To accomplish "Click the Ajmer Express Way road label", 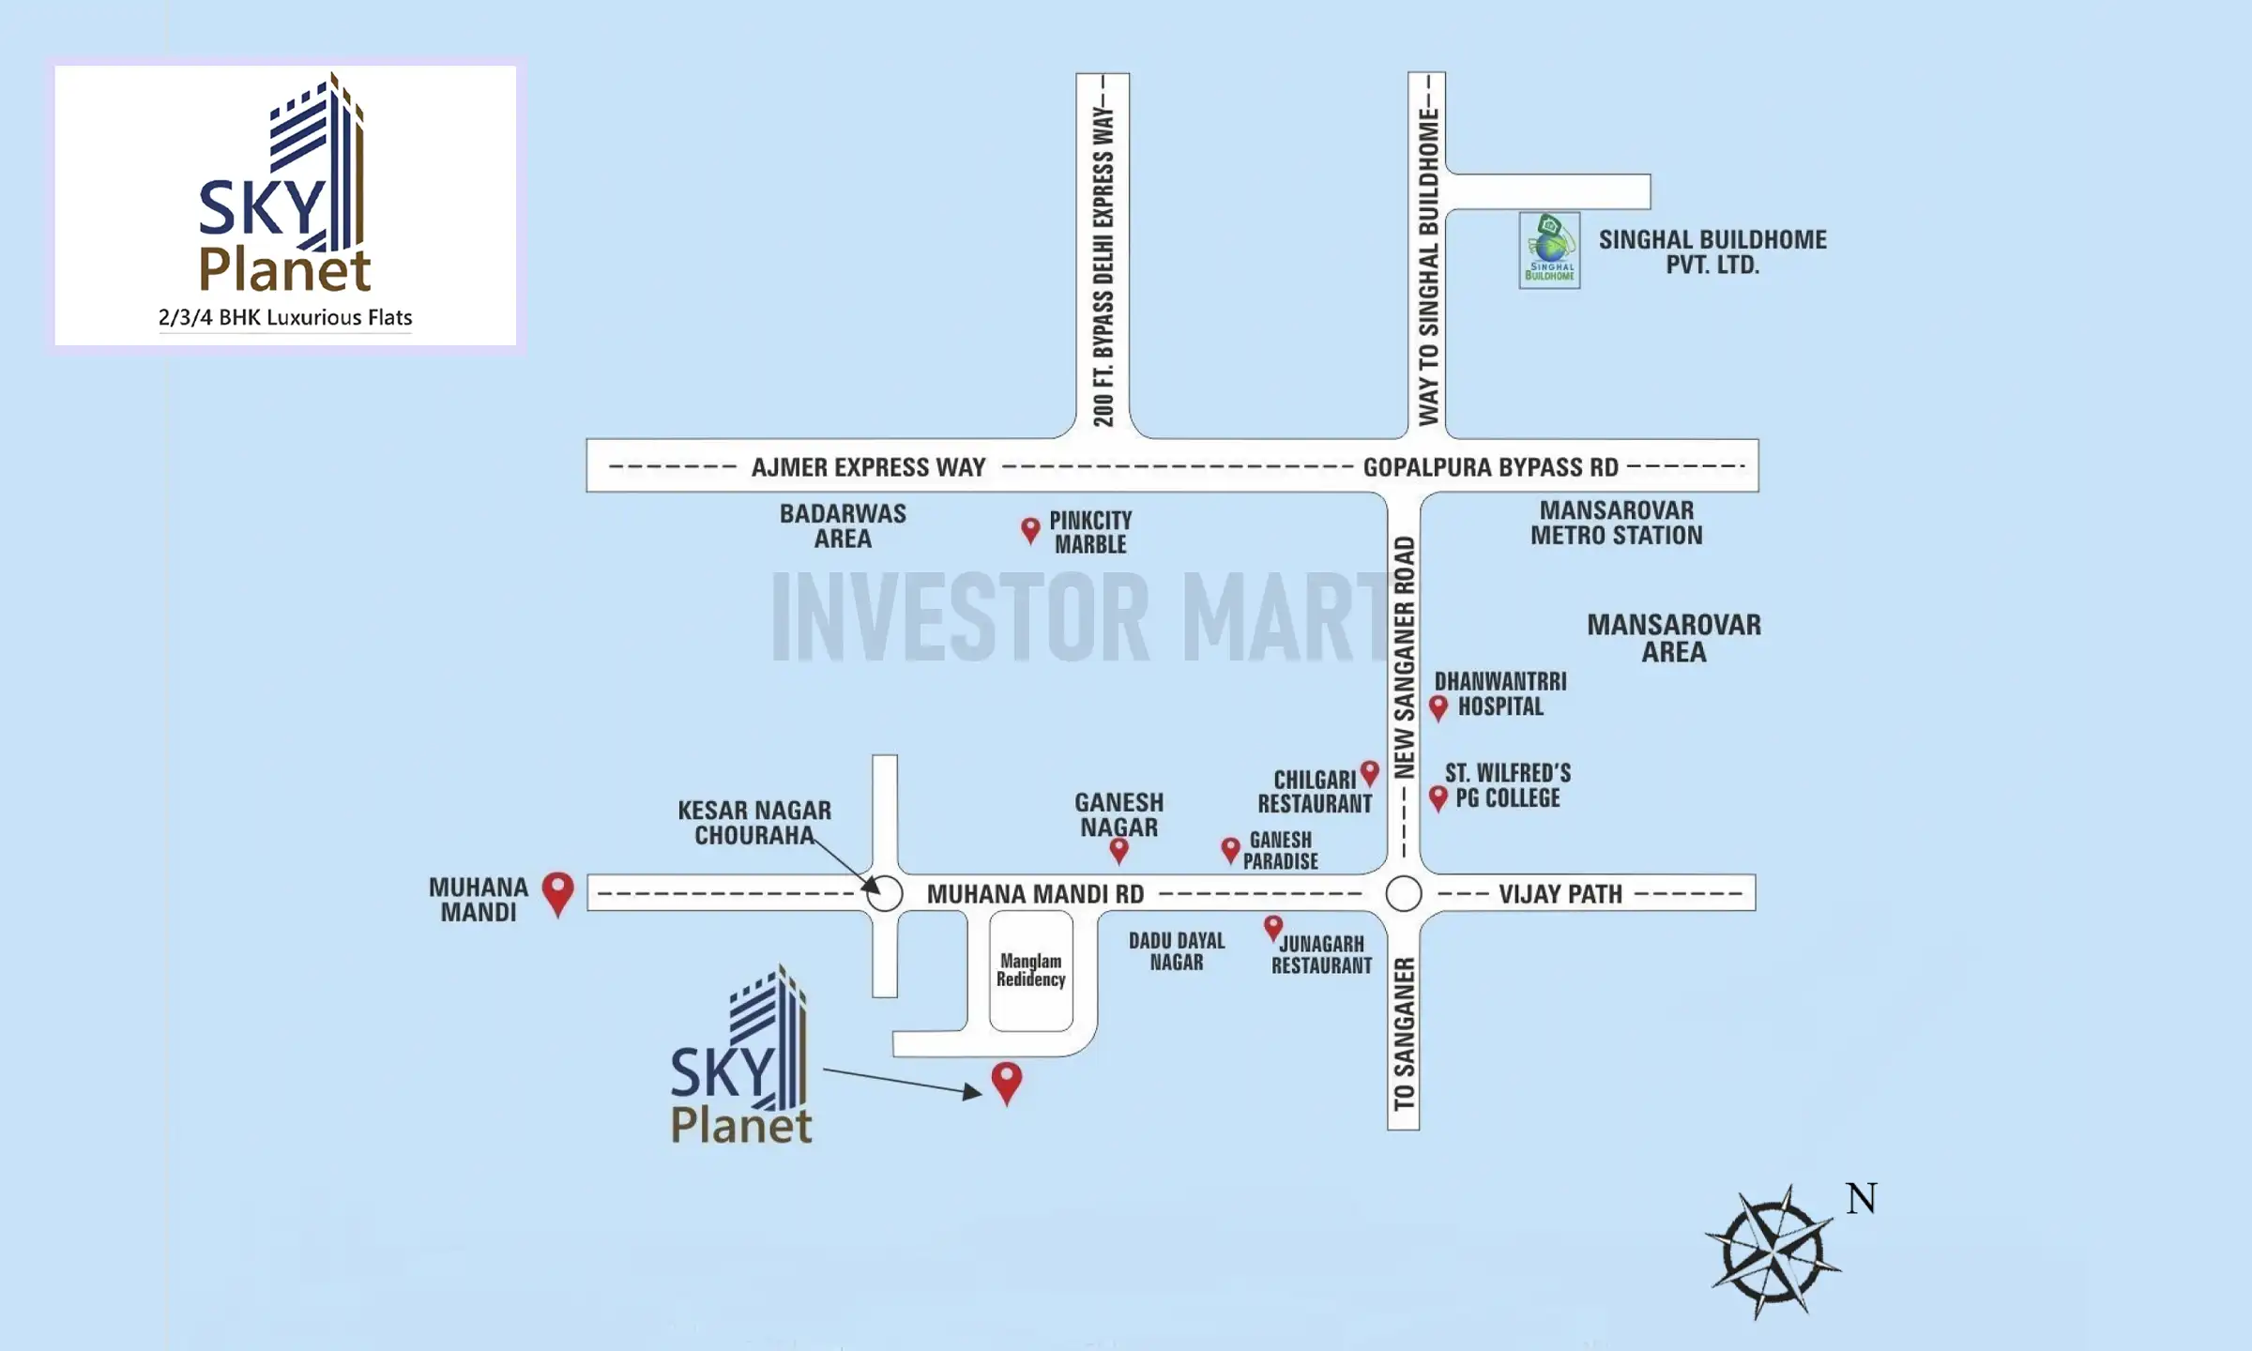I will [868, 467].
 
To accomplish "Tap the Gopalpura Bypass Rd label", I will [1490, 467].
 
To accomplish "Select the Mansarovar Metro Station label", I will [1616, 524].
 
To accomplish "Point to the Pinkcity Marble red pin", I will [1030, 530].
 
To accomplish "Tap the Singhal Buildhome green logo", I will [1549, 250].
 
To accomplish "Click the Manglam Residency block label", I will [1030, 970].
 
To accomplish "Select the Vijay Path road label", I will [1560, 894].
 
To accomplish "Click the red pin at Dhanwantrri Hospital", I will [1438, 706].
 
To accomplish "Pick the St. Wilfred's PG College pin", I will [1438, 797].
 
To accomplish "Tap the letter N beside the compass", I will [1861, 1199].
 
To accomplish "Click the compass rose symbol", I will [1772, 1253].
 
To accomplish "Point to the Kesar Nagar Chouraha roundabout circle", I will [884, 893].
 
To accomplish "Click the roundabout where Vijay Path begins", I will [1404, 893].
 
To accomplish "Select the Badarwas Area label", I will [843, 526].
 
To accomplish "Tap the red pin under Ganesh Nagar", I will [1118, 850].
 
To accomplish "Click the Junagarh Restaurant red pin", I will [1272, 928].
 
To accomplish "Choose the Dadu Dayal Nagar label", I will [1176, 951].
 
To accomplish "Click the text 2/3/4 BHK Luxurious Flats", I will [285, 318].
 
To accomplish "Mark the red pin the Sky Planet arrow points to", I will [1007, 1081].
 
